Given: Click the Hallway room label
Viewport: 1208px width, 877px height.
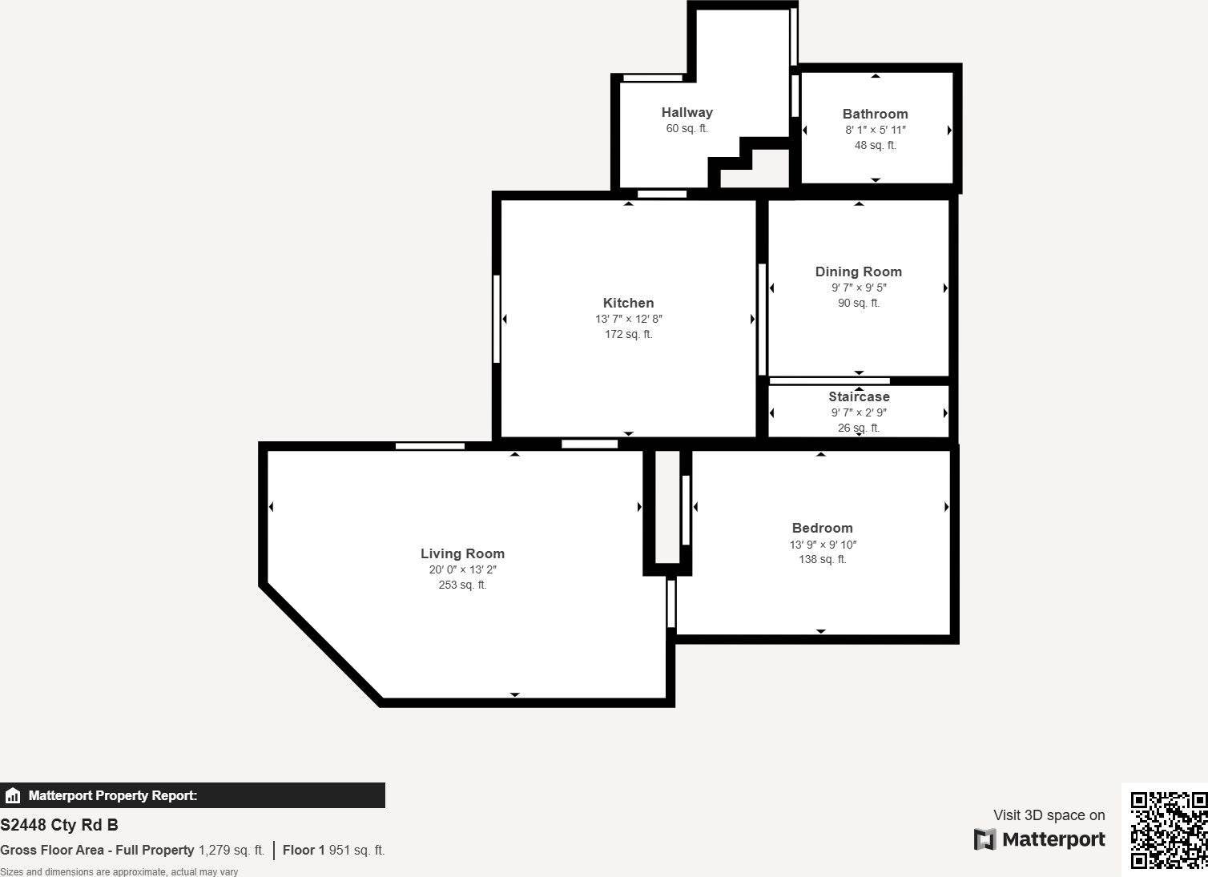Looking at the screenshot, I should pos(687,113).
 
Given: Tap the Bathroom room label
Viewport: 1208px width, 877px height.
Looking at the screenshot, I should pos(875,115).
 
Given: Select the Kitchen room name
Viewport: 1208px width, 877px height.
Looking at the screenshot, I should pos(628,304).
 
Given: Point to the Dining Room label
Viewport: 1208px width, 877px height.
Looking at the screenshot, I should pos(858,272).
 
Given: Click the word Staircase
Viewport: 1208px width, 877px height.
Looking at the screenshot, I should pos(859,397).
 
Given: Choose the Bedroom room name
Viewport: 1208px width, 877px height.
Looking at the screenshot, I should pos(822,529).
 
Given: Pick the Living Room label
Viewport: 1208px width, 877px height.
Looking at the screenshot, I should pos(462,554).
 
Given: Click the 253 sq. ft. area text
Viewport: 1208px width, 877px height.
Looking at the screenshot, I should pos(462,585).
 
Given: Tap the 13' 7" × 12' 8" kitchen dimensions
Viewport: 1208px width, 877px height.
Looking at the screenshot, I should pos(628,320).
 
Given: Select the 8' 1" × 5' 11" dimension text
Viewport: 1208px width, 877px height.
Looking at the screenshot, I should pos(875,131).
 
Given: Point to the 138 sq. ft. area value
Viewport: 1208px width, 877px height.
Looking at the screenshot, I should pos(822,560).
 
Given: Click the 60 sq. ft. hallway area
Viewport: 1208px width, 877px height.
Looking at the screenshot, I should pos(687,129).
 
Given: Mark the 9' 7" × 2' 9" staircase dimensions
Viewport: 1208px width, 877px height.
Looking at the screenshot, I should pos(859,413).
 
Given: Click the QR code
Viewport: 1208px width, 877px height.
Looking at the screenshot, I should pos(1168,830).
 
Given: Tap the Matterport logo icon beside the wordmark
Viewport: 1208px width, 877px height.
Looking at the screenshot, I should pos(985,839).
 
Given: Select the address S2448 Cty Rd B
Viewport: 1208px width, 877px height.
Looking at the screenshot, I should pos(59,825).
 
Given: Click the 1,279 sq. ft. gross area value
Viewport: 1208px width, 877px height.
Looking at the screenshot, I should pos(231,851).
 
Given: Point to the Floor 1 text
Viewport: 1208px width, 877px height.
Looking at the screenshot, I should pos(304,851).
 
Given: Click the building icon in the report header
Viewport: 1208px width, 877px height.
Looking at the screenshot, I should pos(13,796).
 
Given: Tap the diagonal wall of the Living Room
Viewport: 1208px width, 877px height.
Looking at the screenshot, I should pos(320,644).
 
